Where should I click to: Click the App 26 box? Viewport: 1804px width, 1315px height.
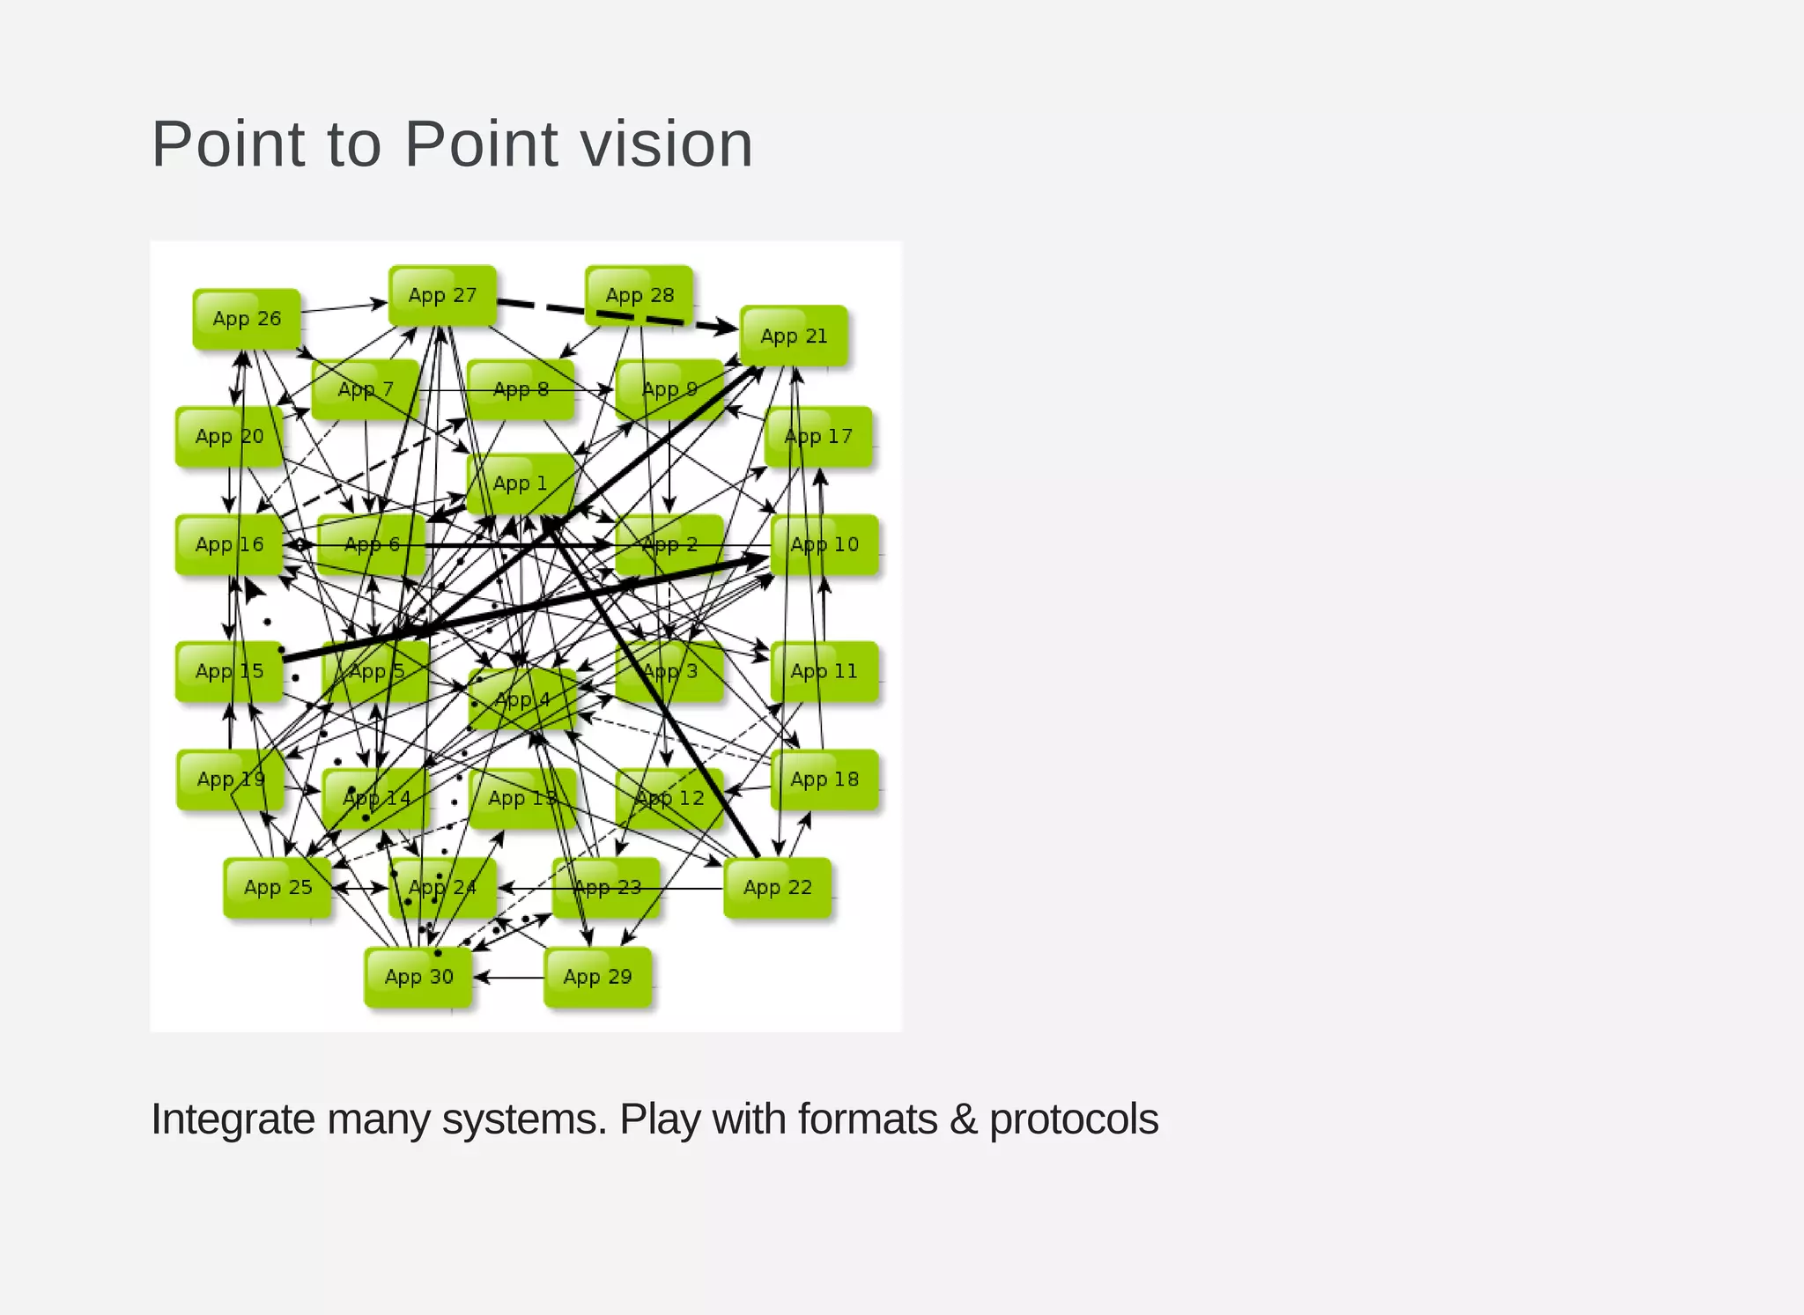[x=247, y=319]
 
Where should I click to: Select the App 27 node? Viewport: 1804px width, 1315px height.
[x=442, y=296]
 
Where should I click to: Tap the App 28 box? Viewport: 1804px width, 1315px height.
[x=640, y=296]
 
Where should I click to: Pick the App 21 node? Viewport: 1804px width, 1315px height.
[x=794, y=336]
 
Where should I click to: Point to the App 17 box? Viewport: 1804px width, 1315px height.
[x=818, y=436]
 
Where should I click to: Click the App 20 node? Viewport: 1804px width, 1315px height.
[x=229, y=436]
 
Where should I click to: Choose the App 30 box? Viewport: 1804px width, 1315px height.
[x=418, y=977]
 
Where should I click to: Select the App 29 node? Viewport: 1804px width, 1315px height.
[x=597, y=977]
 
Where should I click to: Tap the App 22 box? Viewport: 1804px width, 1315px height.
[x=777, y=887]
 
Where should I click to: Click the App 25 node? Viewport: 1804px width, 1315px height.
[x=277, y=887]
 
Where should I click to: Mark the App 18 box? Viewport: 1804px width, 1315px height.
[x=824, y=779]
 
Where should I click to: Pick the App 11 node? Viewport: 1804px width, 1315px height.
[x=824, y=671]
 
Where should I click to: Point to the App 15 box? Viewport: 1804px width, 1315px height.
[x=229, y=671]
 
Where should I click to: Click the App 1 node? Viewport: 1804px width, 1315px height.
[x=520, y=483]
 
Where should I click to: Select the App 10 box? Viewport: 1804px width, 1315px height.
[x=824, y=544]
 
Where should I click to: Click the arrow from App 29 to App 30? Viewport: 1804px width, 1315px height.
[x=509, y=978]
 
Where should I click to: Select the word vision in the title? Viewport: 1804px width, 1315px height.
[x=666, y=144]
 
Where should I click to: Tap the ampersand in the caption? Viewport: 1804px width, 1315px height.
[x=963, y=1119]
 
